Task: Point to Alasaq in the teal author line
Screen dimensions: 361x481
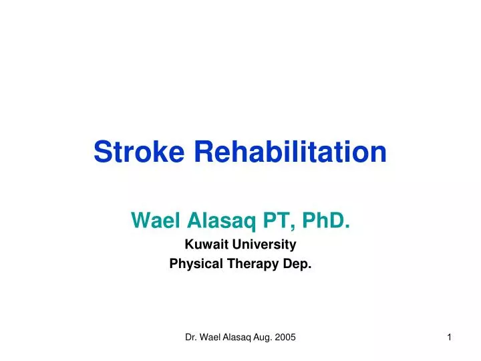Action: click(214, 219)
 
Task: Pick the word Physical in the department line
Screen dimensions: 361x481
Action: click(194, 264)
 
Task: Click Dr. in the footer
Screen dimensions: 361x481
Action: click(191, 339)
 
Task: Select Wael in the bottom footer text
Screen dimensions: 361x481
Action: click(212, 339)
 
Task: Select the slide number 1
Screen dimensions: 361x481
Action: click(450, 339)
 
